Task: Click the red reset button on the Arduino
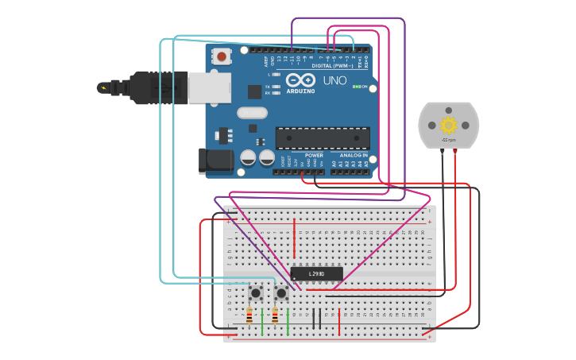222,56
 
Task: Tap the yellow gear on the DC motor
449,125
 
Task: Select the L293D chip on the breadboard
316,273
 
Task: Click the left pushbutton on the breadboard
256,292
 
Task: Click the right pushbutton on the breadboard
281,292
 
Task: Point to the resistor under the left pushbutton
249,315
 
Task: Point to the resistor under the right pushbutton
275,315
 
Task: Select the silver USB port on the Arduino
209,88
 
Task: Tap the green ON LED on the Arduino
358,87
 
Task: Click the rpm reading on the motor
449,140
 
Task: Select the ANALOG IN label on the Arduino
354,155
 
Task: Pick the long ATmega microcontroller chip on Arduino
322,137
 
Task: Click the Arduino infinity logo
301,80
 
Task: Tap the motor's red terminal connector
455,152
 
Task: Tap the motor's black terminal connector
442,152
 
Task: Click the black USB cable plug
151,88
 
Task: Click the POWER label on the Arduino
303,155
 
